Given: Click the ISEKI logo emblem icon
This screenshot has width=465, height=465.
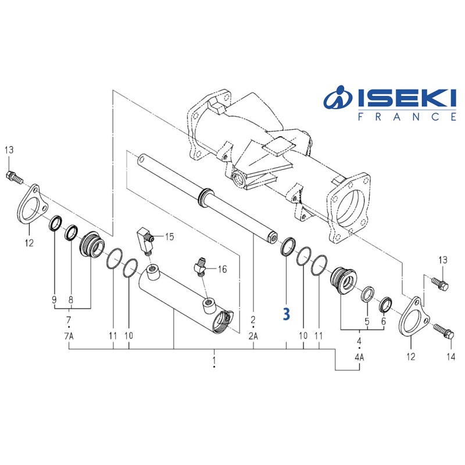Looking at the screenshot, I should tap(338, 101).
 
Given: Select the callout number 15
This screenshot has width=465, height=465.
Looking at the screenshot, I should tap(169, 237).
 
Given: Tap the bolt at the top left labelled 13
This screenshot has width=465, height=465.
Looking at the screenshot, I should tap(13, 175).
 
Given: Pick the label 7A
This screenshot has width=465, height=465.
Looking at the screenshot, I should tap(69, 336).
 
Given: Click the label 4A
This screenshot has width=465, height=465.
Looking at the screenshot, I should tap(359, 357).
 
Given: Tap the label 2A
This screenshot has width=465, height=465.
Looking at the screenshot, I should tap(254, 336).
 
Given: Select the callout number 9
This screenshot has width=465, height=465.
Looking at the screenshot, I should tap(54, 301).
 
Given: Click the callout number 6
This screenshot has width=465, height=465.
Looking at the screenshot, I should tap(384, 321).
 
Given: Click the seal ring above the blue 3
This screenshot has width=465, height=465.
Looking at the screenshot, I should tap(287, 246).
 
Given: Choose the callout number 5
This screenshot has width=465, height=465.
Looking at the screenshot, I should tap(367, 321).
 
